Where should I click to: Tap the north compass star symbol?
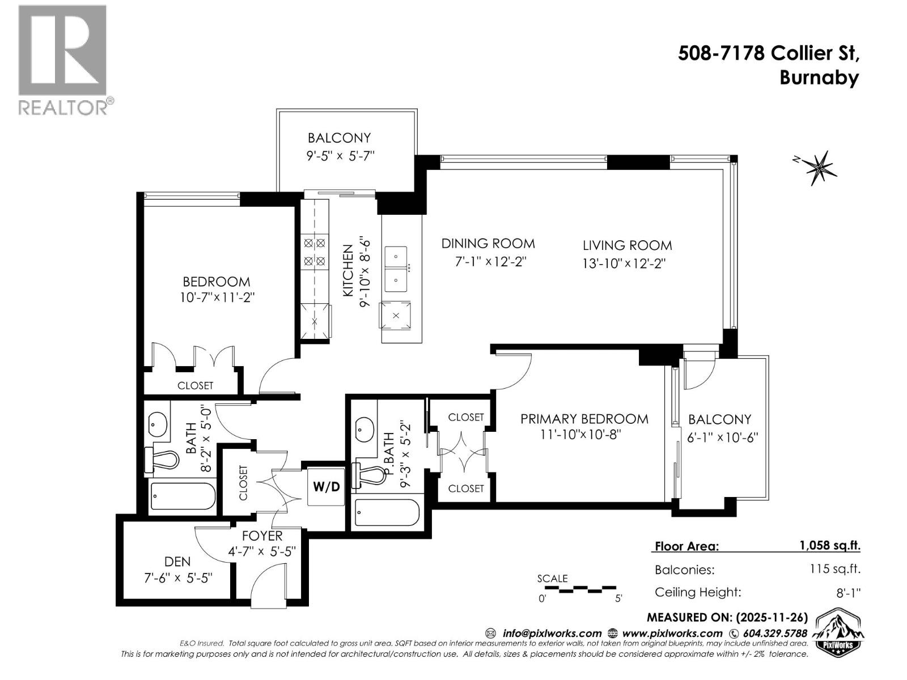tap(818, 167)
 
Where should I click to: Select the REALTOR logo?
tap(63, 59)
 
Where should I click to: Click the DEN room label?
tap(177, 562)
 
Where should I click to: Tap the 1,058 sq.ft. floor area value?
tap(829, 546)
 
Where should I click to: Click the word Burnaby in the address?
tap(819, 78)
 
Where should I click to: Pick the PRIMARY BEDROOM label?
tap(584, 419)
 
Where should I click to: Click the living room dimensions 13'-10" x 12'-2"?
tap(622, 263)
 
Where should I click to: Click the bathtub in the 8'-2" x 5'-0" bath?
tap(183, 496)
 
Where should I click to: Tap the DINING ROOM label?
tap(488, 244)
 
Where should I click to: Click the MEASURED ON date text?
tap(727, 617)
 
